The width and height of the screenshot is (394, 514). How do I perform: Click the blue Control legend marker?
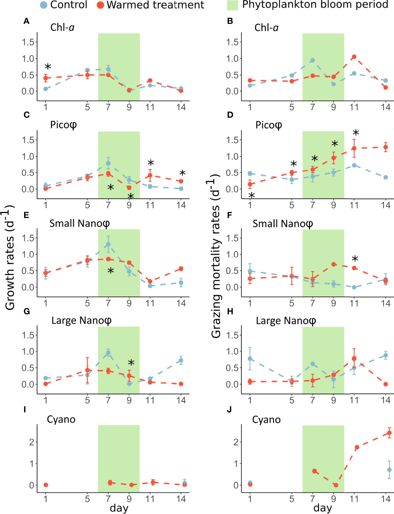(43, 5)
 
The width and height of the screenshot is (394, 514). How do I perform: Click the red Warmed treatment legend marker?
(100, 5)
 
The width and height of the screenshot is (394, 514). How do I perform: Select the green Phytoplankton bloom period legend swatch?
(232, 5)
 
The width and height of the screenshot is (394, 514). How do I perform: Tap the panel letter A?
(26, 21)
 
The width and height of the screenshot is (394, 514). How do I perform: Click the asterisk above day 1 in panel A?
(48, 67)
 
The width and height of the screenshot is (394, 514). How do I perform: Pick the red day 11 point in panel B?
(354, 57)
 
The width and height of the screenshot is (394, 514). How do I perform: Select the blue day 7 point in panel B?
(313, 60)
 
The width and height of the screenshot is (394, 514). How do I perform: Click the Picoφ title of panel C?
(63, 125)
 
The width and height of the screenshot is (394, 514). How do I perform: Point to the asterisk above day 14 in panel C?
(182, 173)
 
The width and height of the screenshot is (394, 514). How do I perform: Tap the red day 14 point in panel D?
(385, 147)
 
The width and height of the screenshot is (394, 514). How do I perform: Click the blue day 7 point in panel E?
(108, 244)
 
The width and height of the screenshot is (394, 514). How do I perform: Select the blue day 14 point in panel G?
(181, 360)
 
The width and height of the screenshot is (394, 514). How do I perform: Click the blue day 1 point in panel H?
(250, 359)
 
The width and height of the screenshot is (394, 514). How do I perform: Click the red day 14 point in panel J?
(389, 433)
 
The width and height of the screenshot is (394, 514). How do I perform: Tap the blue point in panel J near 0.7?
(389, 470)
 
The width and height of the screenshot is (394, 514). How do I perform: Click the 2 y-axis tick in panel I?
(32, 442)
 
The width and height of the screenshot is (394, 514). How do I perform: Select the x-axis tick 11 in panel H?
(354, 400)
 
